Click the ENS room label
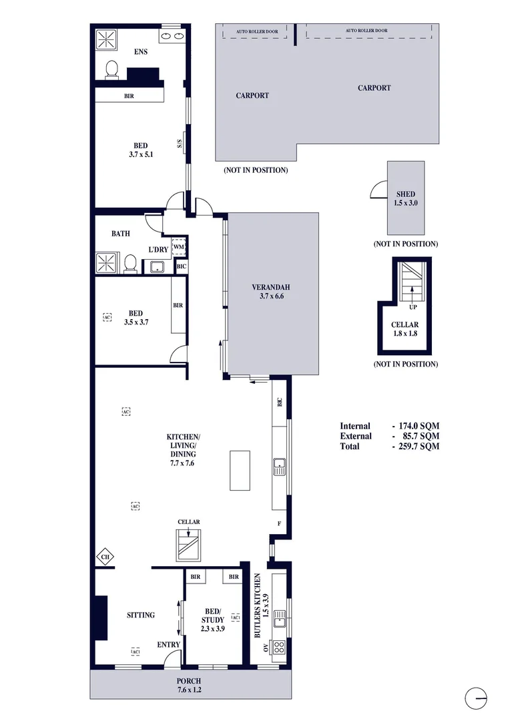click(140, 51)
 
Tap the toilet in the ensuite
click(112, 69)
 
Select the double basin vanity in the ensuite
click(171, 36)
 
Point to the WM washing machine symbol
click(178, 247)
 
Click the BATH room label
click(121, 234)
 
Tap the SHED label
click(405, 194)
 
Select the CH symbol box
click(105, 555)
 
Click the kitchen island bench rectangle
click(240, 470)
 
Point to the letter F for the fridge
click(279, 523)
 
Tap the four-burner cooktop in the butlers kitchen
click(279, 646)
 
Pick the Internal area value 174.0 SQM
click(416, 426)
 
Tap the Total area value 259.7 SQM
click(416, 446)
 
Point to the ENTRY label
click(168, 644)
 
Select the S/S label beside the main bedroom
click(180, 146)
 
